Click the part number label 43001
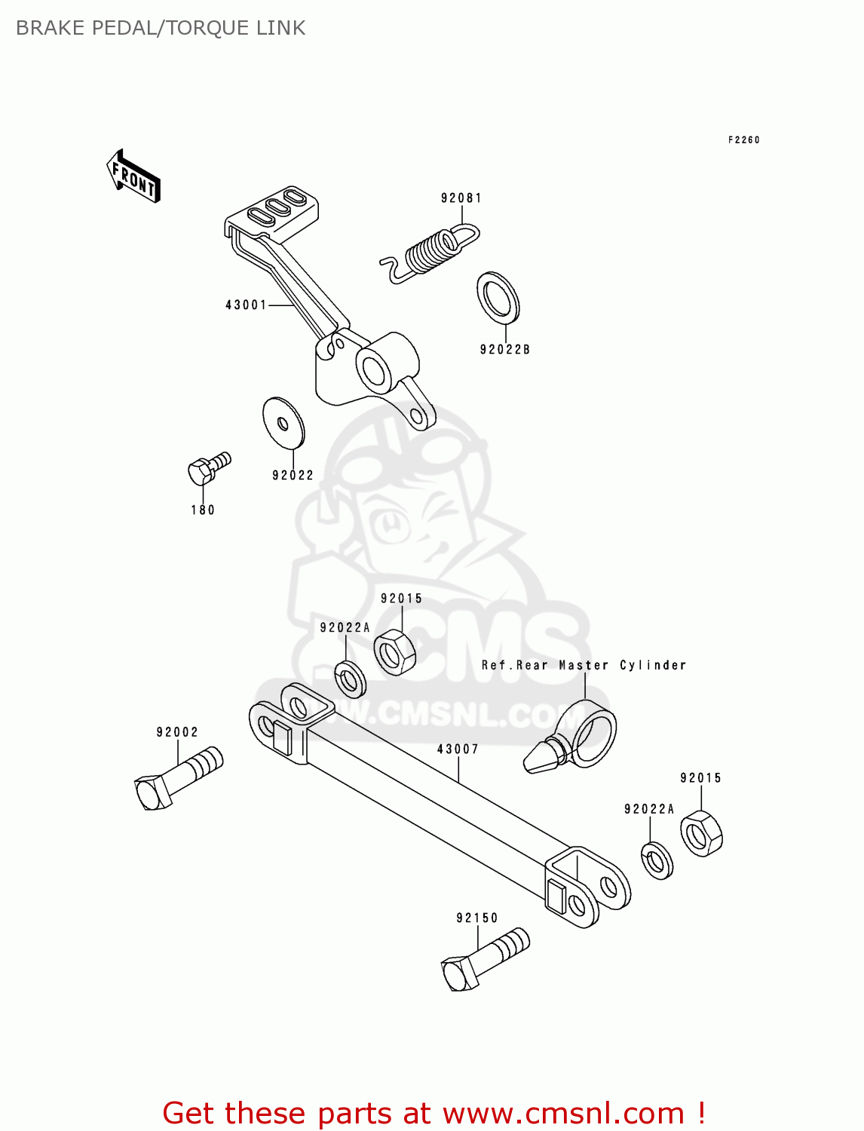pos(246,305)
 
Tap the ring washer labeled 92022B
pos(498,297)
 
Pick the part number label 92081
pos(461,198)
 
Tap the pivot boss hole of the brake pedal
pos(374,369)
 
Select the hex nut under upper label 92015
pos(394,651)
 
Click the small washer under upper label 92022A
pos(351,679)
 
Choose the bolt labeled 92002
pos(178,777)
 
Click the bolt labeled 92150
pos(485,959)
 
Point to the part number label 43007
pos(458,749)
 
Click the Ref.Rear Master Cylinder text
pos(584,665)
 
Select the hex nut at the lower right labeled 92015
pos(701,833)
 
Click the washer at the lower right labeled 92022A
pos(657,860)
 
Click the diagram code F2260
pos(743,139)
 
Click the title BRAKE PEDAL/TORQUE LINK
pos(161,28)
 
